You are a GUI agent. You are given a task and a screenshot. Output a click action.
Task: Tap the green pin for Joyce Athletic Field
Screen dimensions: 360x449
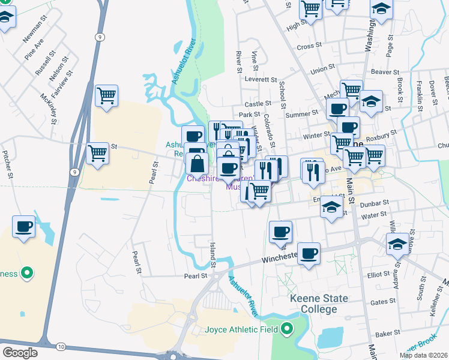point(287,328)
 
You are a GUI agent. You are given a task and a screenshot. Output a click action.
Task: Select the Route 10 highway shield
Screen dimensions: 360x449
point(61,346)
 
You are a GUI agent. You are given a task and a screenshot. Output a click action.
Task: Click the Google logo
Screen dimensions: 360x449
point(20,352)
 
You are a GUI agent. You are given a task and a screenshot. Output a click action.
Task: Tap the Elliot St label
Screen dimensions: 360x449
point(378,275)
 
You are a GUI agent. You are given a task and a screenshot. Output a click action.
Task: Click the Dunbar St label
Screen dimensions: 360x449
point(375,203)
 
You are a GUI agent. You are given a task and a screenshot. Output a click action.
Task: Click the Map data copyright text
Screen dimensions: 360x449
point(423,355)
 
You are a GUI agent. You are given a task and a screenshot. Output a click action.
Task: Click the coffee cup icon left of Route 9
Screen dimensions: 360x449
point(23,227)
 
